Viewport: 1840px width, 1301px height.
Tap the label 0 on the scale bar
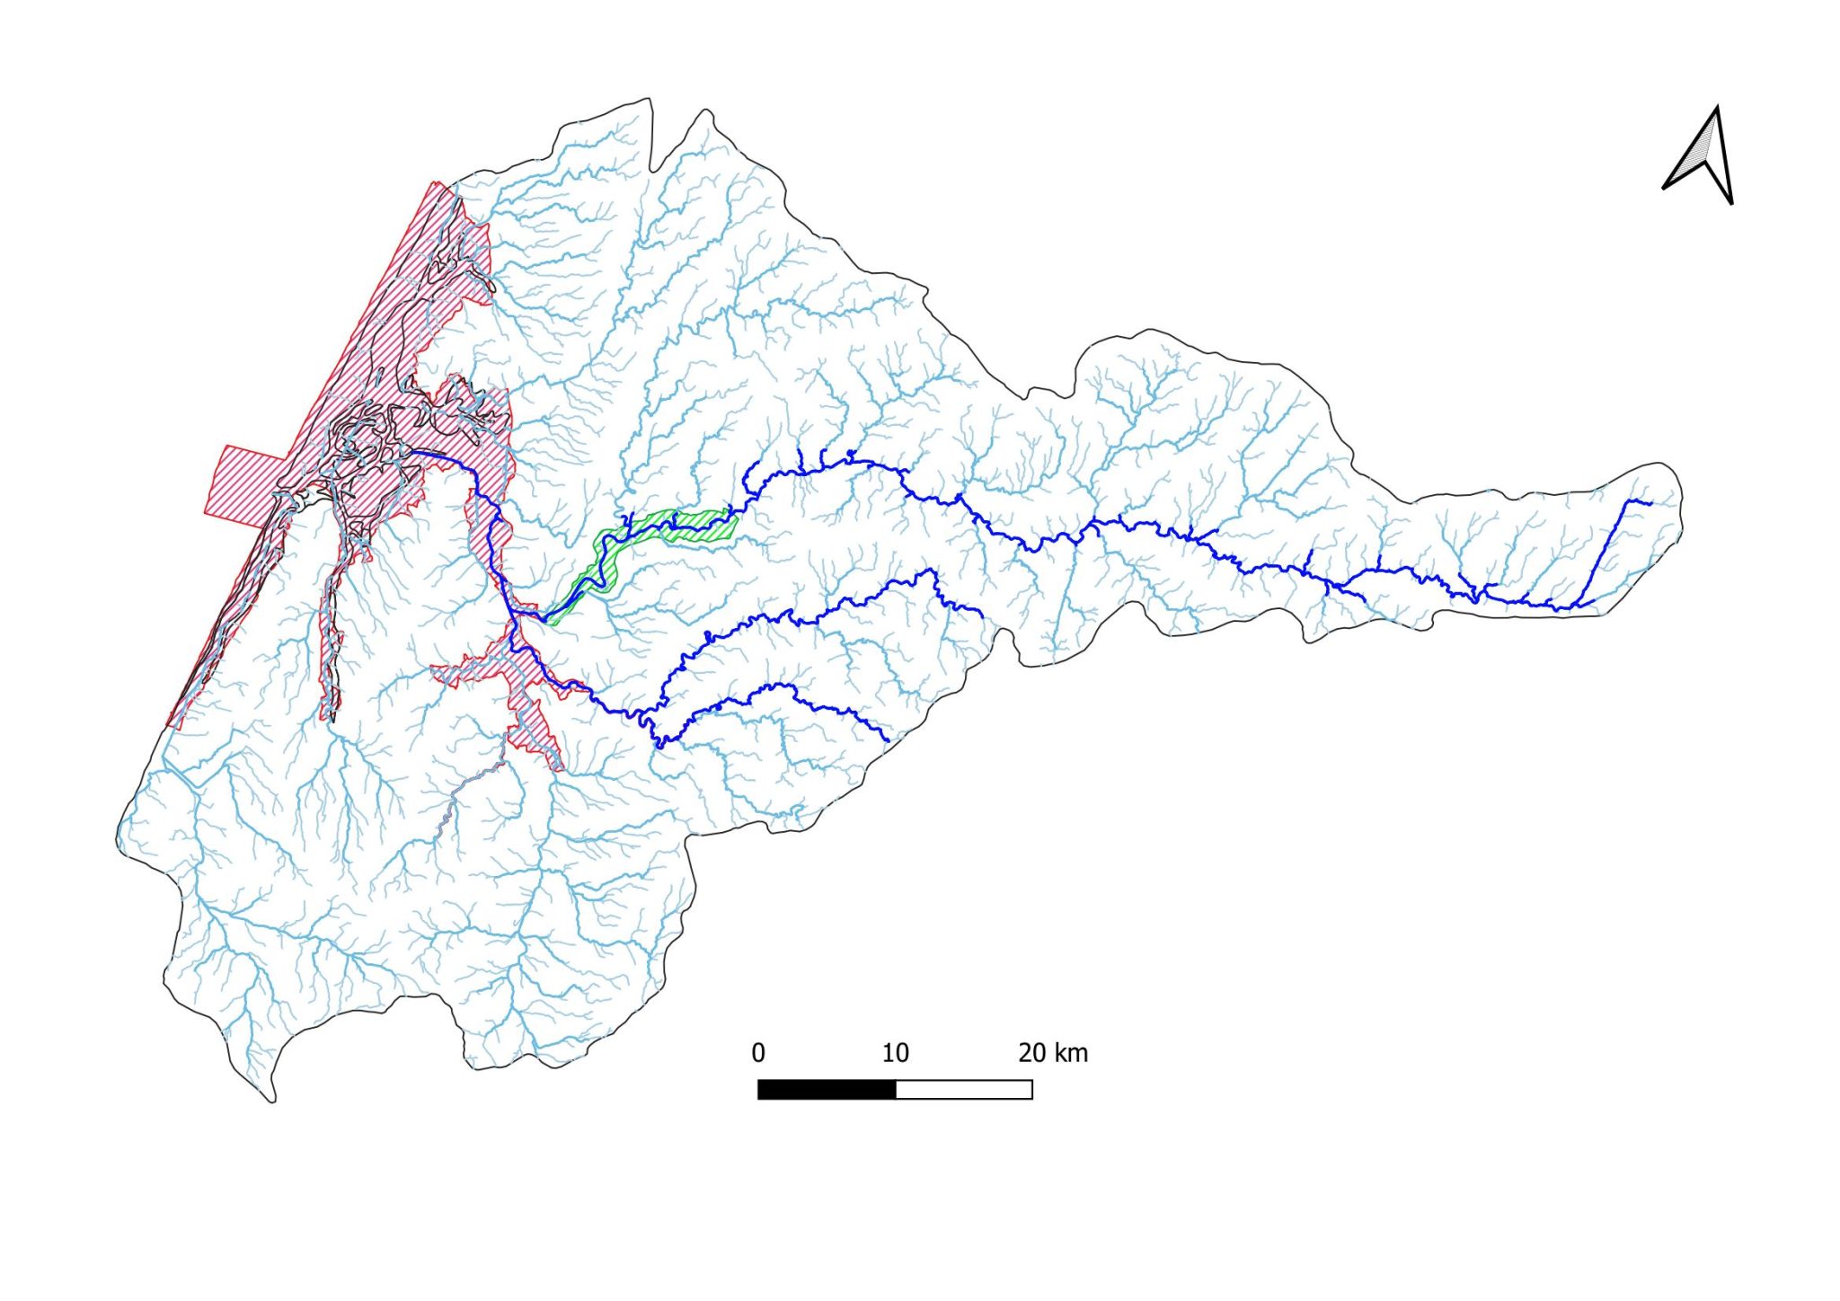(x=758, y=1053)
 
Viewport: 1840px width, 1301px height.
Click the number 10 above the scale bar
(x=895, y=1053)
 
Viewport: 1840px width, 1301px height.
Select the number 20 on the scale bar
(x=1032, y=1053)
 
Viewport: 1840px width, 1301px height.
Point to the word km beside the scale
(x=1071, y=1053)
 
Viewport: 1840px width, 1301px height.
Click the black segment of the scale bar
(x=827, y=1090)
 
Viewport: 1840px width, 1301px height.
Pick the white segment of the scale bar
(x=964, y=1090)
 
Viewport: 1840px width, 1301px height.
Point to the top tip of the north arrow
(x=1718, y=108)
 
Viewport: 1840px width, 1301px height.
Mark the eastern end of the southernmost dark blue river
(x=889, y=741)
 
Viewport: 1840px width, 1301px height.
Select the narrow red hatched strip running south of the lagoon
(x=332, y=629)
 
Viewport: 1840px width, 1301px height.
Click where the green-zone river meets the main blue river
(x=544, y=620)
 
